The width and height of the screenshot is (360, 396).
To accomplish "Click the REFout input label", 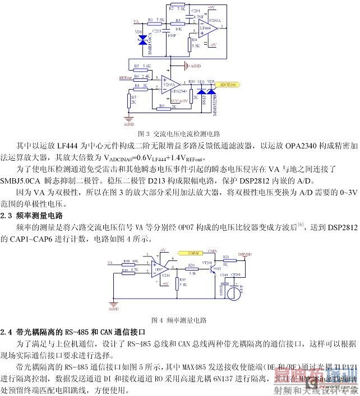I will point(125,78).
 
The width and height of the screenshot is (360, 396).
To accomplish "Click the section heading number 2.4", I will point(8,333).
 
